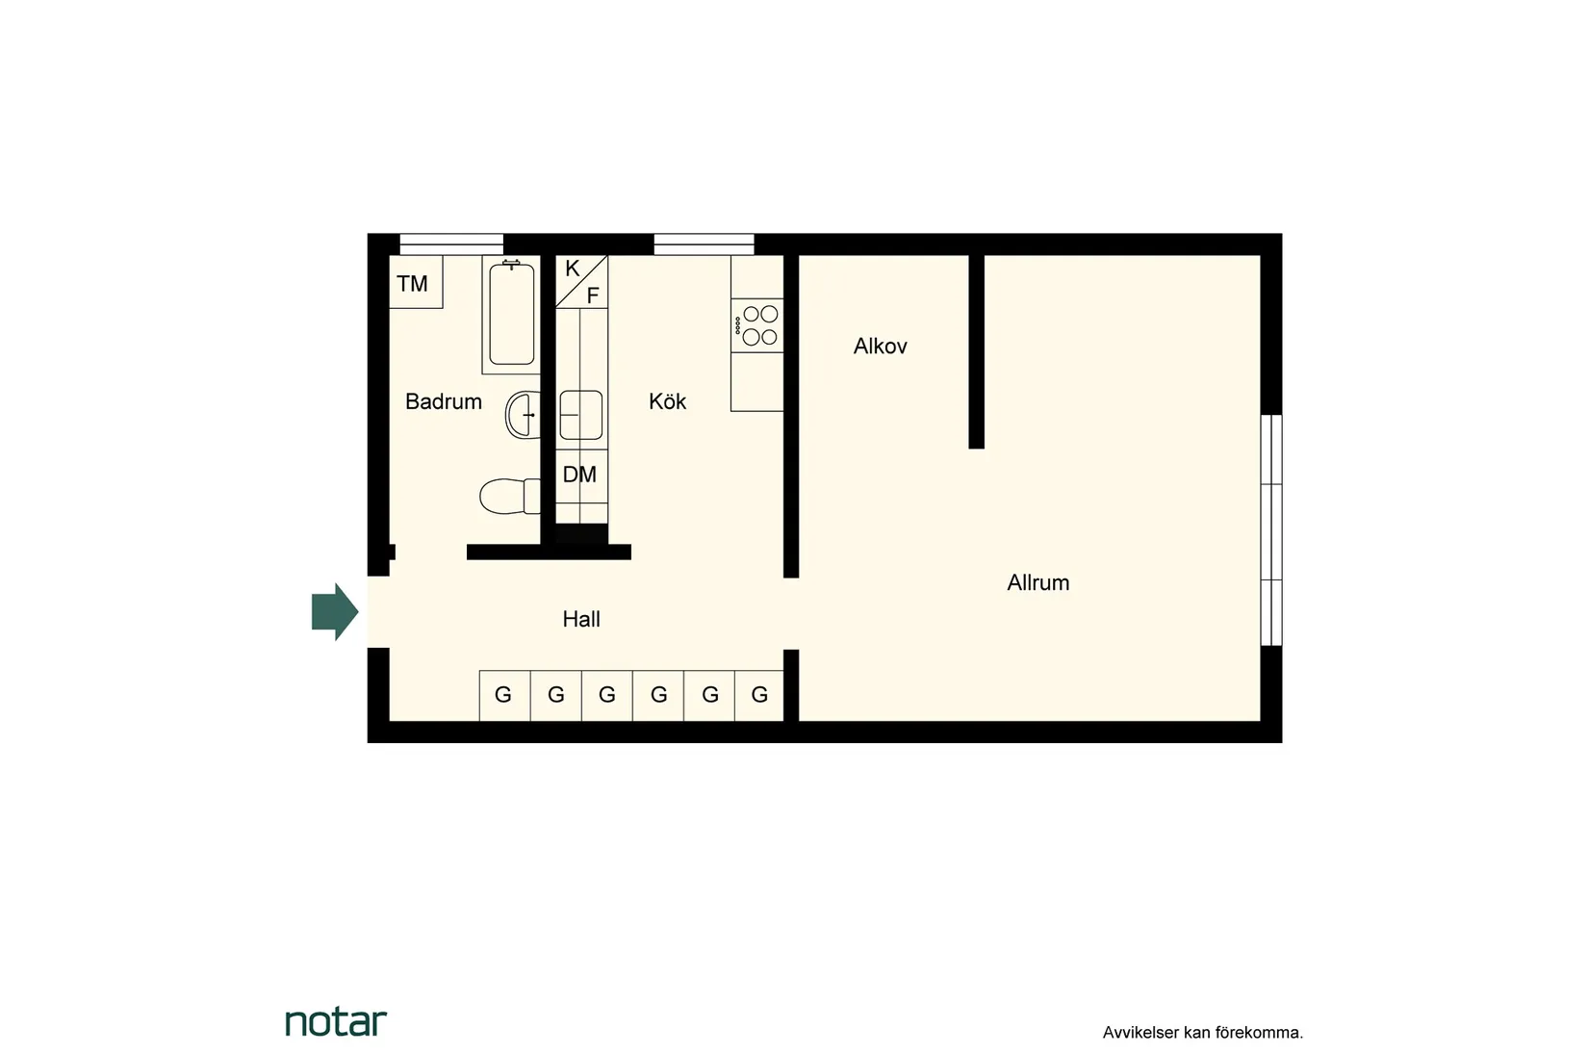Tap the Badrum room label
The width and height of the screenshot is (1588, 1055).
pyautogui.click(x=443, y=401)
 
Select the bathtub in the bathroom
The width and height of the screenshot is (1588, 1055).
pyautogui.click(x=511, y=315)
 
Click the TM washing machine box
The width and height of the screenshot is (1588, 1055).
pyautogui.click(x=414, y=283)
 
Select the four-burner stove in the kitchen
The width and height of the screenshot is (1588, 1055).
pyautogui.click(x=757, y=325)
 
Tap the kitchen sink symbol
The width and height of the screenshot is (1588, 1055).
pyautogui.click(x=580, y=415)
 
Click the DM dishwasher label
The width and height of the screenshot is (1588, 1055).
pyautogui.click(x=579, y=475)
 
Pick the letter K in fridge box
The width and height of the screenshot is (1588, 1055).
pyautogui.click(x=572, y=269)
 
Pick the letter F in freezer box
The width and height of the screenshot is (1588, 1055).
pyautogui.click(x=593, y=296)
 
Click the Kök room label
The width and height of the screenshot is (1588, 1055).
pyautogui.click(x=667, y=401)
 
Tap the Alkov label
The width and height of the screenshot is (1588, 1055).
pyautogui.click(x=880, y=347)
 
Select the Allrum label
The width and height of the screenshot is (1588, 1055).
pyautogui.click(x=1037, y=582)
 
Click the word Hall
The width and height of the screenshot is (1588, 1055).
pyautogui.click(x=580, y=619)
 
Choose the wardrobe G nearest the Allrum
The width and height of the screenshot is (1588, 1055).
pyautogui.click(x=759, y=695)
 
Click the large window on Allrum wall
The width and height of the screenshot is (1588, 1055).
pyautogui.click(x=1271, y=530)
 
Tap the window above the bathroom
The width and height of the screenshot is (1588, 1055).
pyautogui.click(x=451, y=244)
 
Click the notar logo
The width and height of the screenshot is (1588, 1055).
pyautogui.click(x=336, y=1022)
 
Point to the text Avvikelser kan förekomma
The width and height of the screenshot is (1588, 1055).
pyautogui.click(x=1202, y=1033)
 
